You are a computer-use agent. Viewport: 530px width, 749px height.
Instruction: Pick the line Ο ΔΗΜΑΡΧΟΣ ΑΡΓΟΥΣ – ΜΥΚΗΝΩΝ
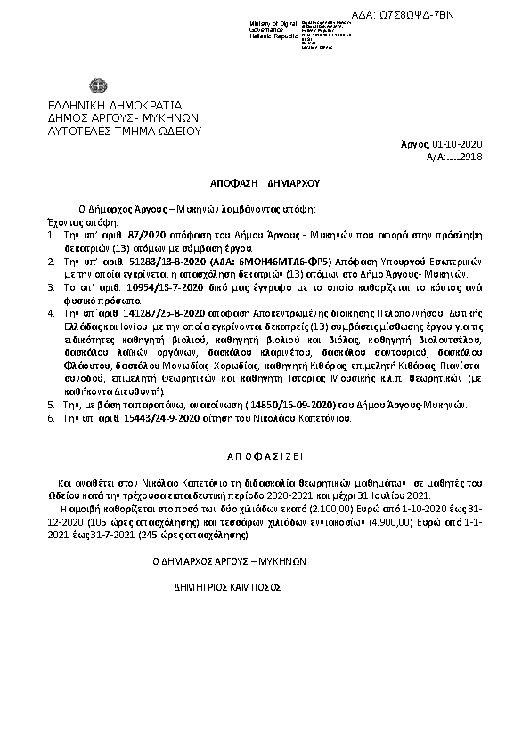229,562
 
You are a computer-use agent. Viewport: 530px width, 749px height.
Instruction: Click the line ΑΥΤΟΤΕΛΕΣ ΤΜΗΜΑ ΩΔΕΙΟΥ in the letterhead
125,130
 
